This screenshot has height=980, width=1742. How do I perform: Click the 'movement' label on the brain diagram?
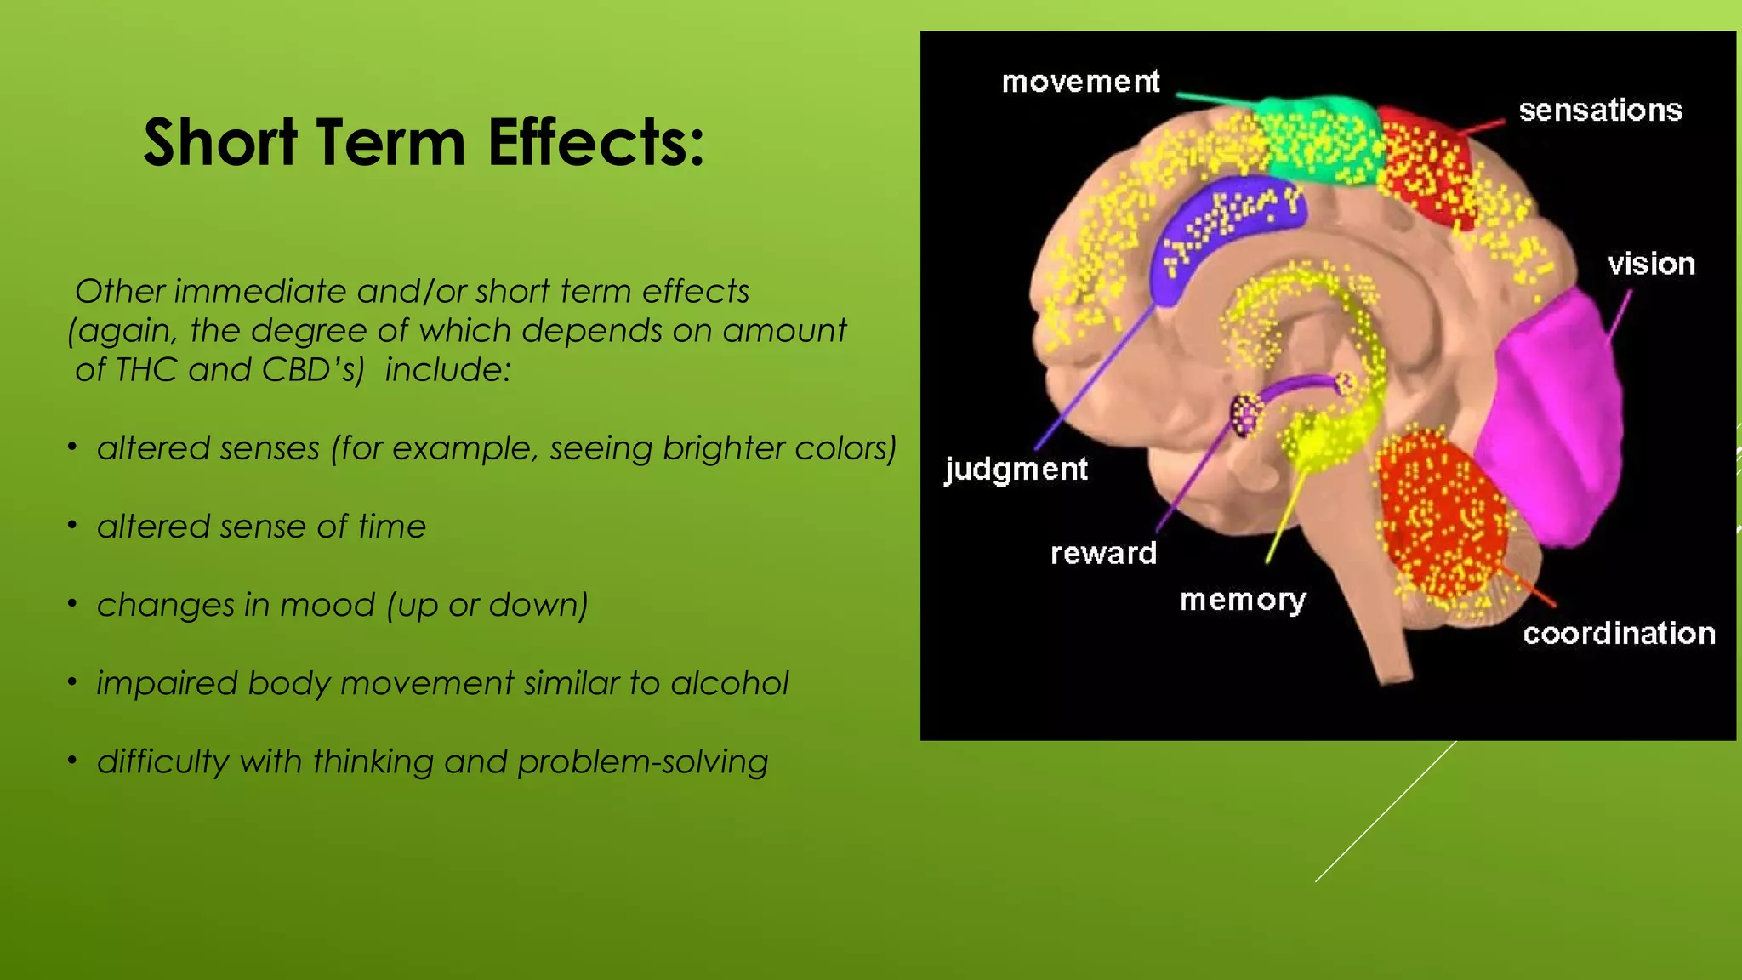1080,82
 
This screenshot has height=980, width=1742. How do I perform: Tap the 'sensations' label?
1600,111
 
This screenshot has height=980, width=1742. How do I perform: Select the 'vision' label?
1651,265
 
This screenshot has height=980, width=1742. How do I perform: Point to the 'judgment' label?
1016,469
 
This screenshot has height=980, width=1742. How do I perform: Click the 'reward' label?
1103,554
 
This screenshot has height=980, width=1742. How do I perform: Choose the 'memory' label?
1243,601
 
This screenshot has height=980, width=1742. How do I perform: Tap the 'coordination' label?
1619,634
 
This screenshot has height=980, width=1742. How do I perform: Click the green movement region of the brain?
1318,140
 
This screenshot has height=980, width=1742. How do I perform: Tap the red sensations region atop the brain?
1425,166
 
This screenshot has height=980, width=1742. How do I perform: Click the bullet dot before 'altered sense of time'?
73,526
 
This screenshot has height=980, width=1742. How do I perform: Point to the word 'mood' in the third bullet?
327,605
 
